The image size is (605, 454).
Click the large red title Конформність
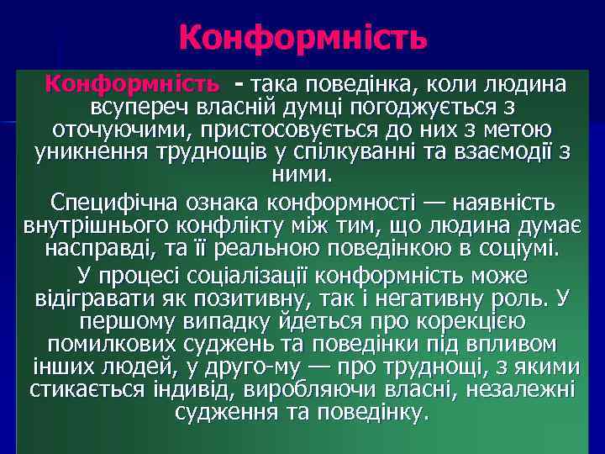[302, 38]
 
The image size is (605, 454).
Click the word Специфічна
[108, 203]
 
